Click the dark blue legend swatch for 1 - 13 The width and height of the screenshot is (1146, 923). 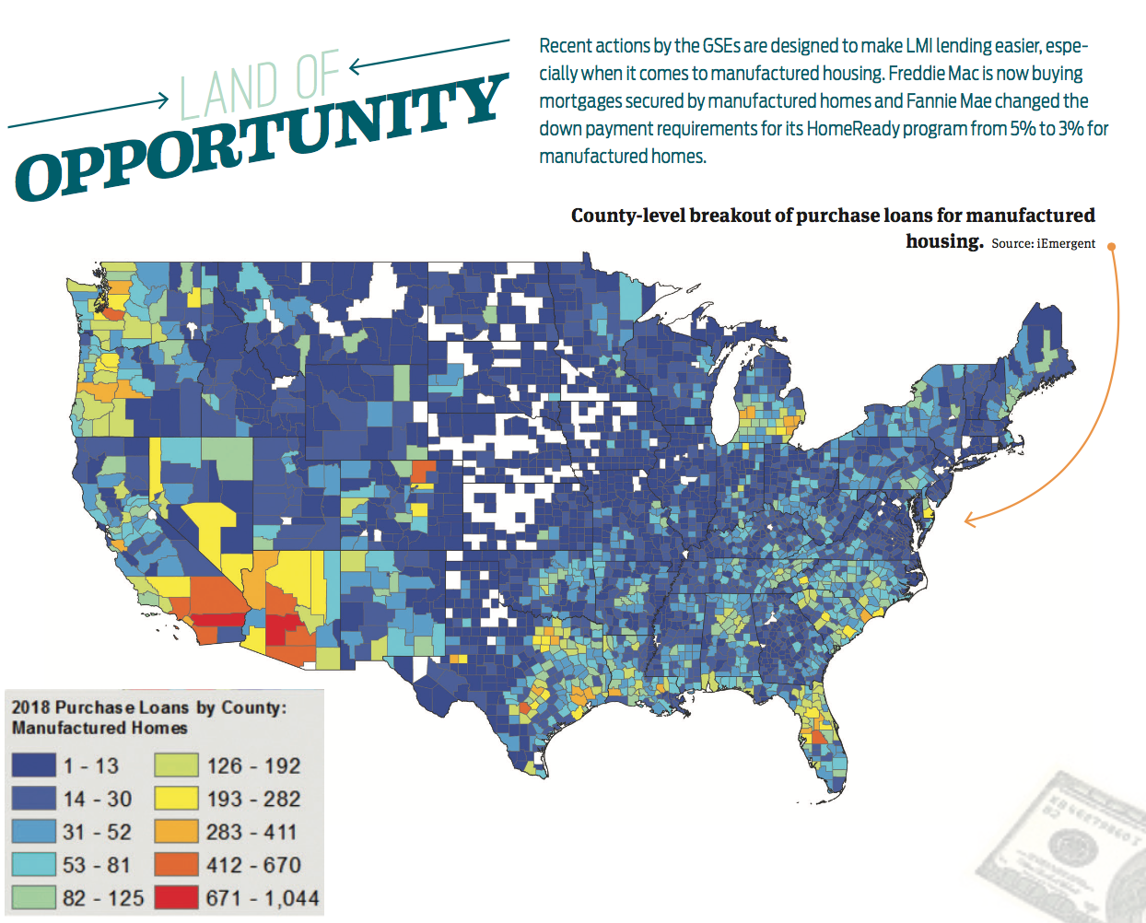click(x=33, y=765)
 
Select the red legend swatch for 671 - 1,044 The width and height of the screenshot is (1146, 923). click(x=176, y=898)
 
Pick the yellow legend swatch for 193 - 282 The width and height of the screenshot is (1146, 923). click(x=176, y=799)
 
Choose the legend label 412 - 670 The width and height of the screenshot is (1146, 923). click(x=253, y=865)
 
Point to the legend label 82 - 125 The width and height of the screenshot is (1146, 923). click(x=103, y=898)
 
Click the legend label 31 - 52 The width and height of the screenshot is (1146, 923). click(x=97, y=832)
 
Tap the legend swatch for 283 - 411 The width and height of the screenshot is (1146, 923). click(x=176, y=832)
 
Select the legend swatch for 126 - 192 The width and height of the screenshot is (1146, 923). click(x=176, y=765)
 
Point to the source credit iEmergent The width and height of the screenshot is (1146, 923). click(x=1066, y=244)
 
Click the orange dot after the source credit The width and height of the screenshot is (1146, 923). click(x=1111, y=246)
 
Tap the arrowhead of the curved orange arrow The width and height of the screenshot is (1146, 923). click(x=968, y=520)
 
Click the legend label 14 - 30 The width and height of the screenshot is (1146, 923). click(x=97, y=799)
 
